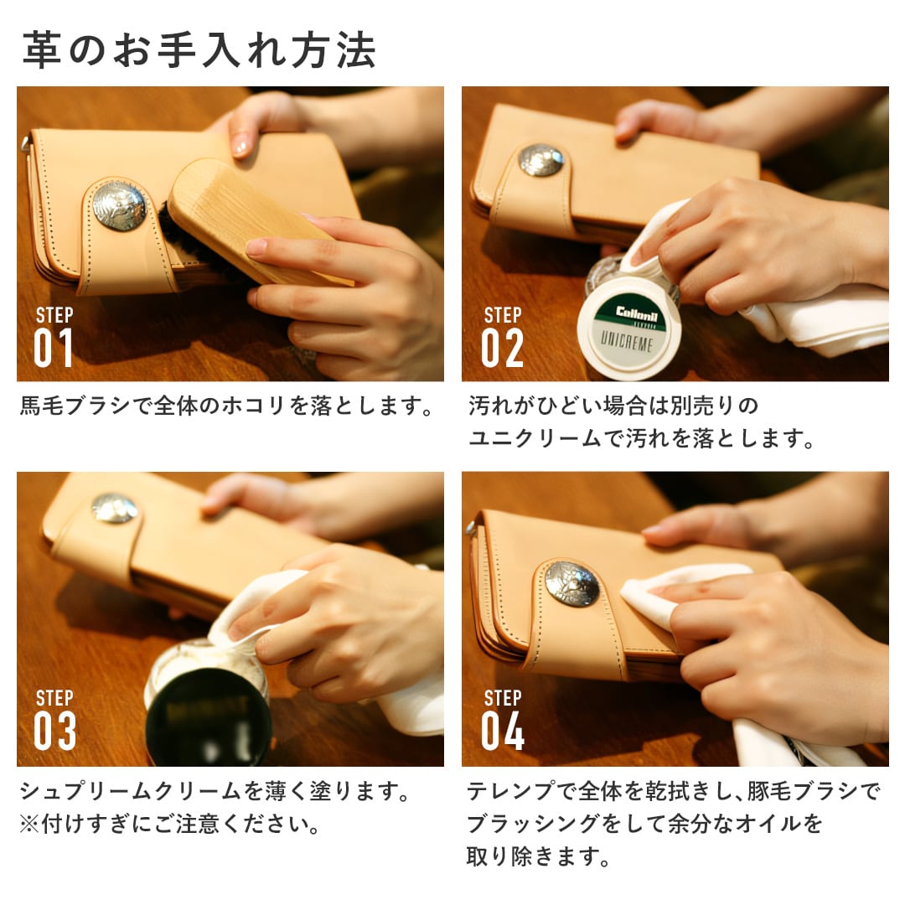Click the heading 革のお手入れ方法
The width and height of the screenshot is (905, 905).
pos(199,50)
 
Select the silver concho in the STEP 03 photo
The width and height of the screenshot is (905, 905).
pos(114,508)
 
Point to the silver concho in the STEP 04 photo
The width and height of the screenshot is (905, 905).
pos(571,583)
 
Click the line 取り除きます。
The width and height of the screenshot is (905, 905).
pos(537,856)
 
